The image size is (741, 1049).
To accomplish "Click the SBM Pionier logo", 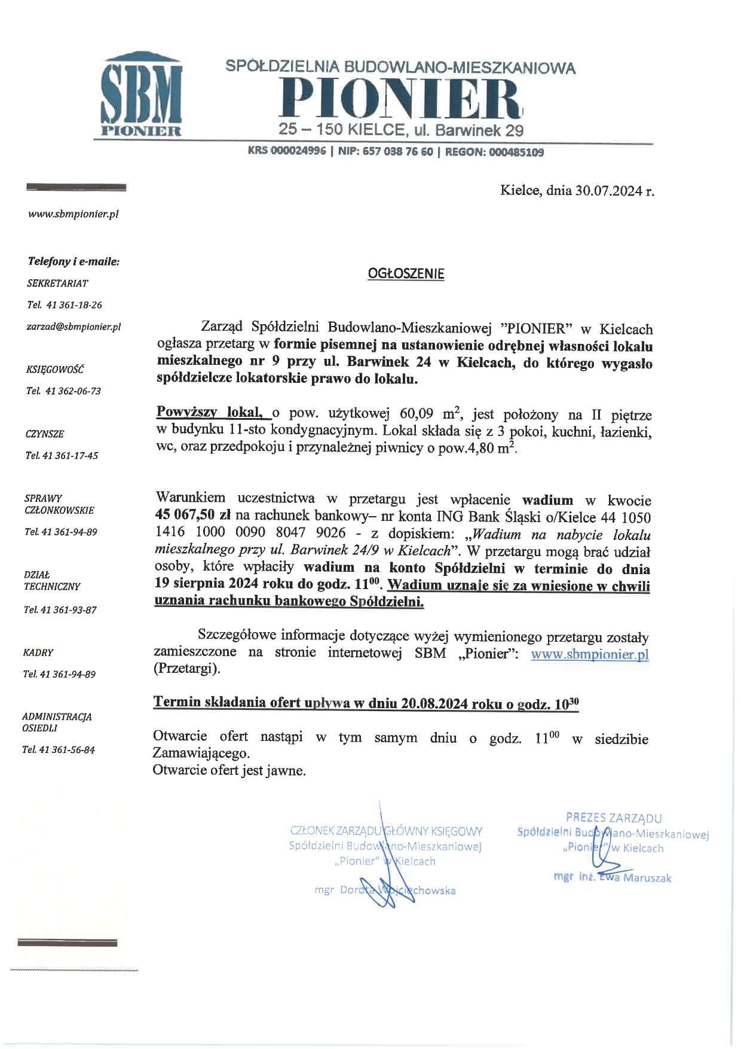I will coord(142,95).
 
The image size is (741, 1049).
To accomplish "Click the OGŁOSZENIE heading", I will coord(406,274).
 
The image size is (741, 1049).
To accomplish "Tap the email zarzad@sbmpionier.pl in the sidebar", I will coord(74,327).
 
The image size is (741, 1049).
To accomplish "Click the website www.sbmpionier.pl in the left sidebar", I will coord(73,214).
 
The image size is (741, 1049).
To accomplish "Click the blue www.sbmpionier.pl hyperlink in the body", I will coord(589,654).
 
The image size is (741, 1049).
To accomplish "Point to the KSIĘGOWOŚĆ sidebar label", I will coord(54,370).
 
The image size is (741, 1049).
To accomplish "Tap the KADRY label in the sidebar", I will coord(38,652).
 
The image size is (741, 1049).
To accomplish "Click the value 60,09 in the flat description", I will coord(418,414).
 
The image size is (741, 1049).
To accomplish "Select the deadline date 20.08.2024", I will coord(434,704).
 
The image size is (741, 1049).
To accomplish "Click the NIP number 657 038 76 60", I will coord(397,153).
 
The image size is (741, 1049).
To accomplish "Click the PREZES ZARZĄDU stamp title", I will coord(614,818).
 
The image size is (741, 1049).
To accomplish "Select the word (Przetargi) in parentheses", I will coord(186,669).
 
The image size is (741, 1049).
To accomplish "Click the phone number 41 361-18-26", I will coord(73,305).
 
